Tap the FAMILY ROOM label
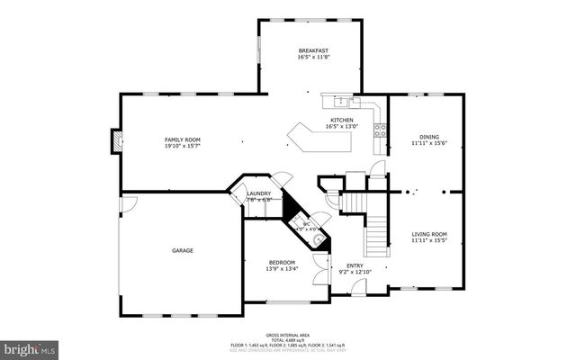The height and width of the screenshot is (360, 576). point(182,139)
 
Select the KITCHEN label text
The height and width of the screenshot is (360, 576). point(342,120)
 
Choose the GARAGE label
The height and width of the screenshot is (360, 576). point(183,250)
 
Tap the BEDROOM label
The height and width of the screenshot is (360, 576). point(281,262)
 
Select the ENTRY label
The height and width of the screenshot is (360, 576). point(354,265)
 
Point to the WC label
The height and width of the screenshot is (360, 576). point(306,224)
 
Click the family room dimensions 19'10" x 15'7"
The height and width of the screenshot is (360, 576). point(182,146)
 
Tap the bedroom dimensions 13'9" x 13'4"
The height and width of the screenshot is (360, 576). point(281,268)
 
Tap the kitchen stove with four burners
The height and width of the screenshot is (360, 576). point(381,128)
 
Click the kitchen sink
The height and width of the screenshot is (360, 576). point(343,101)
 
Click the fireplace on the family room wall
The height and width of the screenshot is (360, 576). point(115,139)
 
